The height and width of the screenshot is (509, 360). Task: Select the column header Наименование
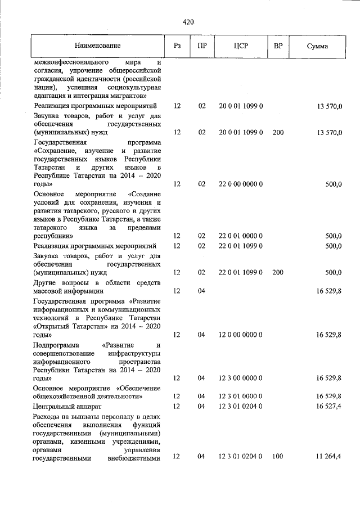(96, 45)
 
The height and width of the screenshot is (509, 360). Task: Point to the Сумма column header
(317, 45)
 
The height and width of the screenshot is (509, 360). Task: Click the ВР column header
(277, 45)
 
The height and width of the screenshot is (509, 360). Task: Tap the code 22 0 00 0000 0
(241, 184)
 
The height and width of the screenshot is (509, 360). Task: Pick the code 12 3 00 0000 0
(241, 378)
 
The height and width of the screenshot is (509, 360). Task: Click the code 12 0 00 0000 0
(241, 335)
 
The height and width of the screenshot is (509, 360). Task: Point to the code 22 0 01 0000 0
(241, 236)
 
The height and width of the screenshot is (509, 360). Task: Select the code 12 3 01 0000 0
(241, 396)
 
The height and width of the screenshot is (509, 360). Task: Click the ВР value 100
(277, 458)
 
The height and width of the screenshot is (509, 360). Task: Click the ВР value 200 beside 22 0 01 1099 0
(277, 273)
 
